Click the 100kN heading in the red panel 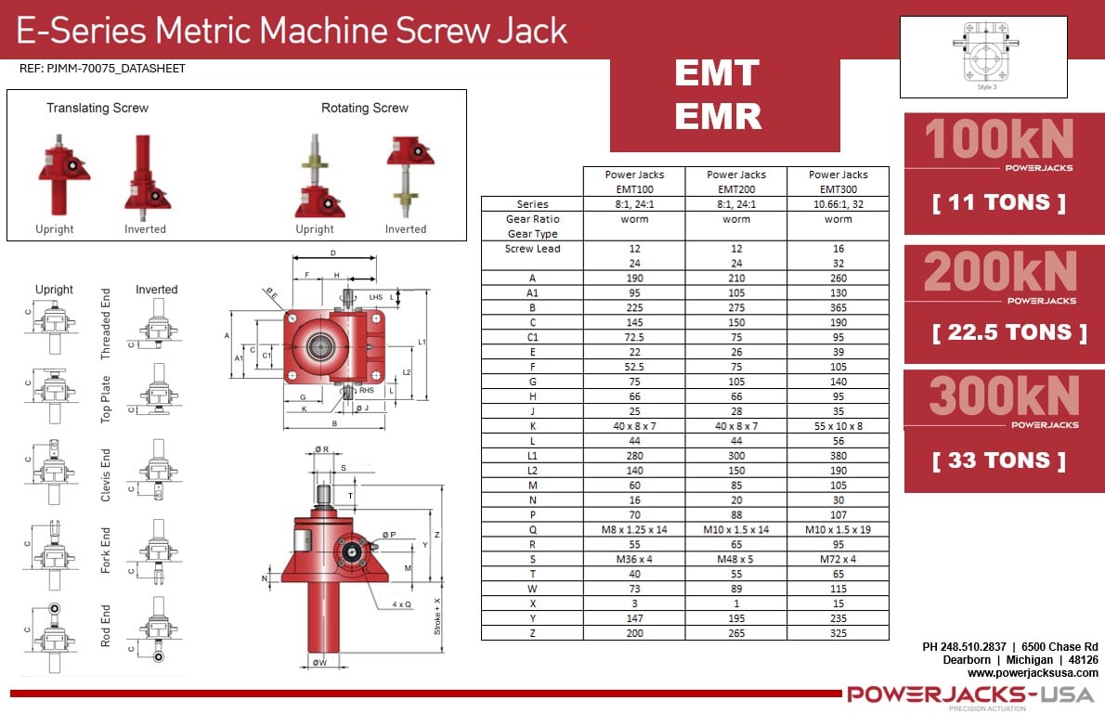click(x=999, y=140)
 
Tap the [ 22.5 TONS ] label click(x=1009, y=332)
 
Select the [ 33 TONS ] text click(x=998, y=460)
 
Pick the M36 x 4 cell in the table click(x=634, y=559)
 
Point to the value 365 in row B click(x=838, y=306)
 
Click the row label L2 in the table click(x=532, y=470)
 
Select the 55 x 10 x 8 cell click(x=838, y=425)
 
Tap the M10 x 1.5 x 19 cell click(x=838, y=529)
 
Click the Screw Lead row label click(x=532, y=249)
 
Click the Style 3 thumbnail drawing click(x=983, y=56)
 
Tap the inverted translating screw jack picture click(x=146, y=176)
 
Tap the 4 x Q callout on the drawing click(x=402, y=604)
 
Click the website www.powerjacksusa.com click(x=1033, y=672)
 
